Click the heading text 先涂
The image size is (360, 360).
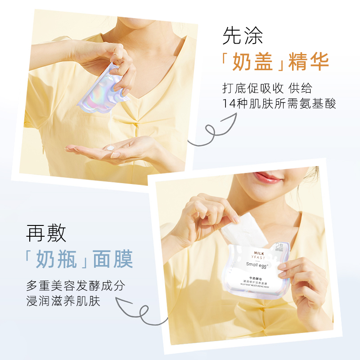[243, 36]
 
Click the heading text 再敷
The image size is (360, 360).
[46, 233]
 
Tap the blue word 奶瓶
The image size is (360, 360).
[57, 260]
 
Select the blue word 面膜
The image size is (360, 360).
[112, 260]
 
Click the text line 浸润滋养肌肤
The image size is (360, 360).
[63, 301]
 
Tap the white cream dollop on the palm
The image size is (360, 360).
[110, 147]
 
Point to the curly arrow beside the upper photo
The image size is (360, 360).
[211, 131]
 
